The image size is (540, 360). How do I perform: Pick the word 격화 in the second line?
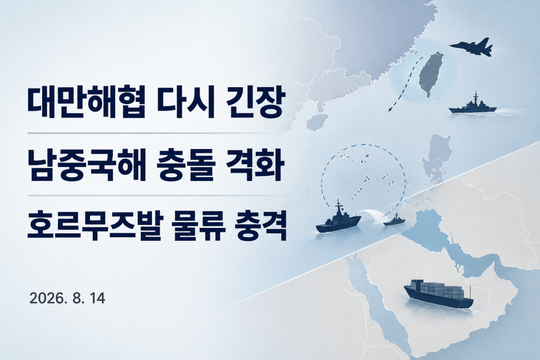255,165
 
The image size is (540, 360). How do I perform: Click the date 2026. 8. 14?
67,298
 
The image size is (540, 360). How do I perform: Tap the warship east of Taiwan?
473,105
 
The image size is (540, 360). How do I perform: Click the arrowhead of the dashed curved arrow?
390,110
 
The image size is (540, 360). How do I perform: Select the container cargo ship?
438,293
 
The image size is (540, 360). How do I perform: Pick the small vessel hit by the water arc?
394,220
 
